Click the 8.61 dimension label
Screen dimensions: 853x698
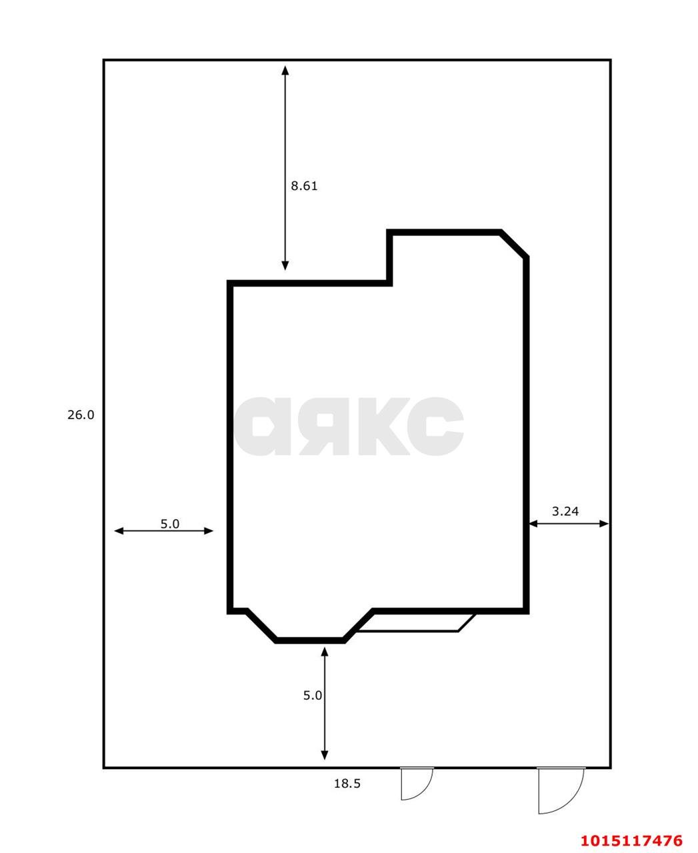pos(304,186)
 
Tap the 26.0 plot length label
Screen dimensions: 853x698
pos(81,415)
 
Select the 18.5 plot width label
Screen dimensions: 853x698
pos(347,784)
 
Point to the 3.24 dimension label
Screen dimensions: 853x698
pos(565,511)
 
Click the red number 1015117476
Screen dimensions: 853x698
pos(631,840)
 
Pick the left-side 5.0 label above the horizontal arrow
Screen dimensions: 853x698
pos(170,524)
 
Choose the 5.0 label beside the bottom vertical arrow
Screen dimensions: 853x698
pos(313,695)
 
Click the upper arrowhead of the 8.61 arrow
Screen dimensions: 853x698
pos(285,70)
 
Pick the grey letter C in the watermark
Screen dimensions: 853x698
pos(436,426)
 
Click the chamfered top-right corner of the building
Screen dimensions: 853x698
pos(514,243)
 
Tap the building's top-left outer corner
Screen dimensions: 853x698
pos(230,283)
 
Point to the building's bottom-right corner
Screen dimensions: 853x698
pos(526,610)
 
